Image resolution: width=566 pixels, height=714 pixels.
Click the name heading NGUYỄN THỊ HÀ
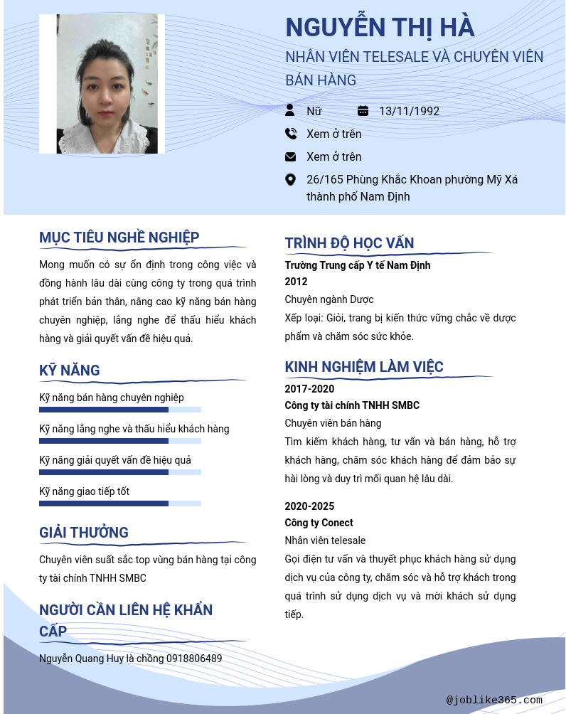point(379,28)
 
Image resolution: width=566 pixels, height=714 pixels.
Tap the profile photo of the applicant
point(102,84)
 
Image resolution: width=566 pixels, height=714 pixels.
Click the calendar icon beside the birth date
point(363,110)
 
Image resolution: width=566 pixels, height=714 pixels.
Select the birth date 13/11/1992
point(409,111)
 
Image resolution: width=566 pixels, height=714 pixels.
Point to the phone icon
point(290,134)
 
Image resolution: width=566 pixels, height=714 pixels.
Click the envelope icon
point(290,156)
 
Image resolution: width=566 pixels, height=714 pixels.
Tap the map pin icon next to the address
point(290,179)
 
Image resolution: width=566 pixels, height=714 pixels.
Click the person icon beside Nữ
point(290,110)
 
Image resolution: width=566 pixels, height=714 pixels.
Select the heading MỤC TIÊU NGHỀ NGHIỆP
point(119,238)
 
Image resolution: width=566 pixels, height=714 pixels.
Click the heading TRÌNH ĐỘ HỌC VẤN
point(349,243)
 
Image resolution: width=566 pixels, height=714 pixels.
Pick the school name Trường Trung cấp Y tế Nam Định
point(358,265)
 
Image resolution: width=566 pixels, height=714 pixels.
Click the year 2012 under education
point(296,282)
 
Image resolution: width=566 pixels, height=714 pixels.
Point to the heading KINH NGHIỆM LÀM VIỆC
point(364,367)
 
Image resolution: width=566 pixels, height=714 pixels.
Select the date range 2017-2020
point(309,389)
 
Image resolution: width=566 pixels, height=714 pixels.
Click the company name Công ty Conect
point(319,523)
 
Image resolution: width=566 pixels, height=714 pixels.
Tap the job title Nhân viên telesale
point(325,540)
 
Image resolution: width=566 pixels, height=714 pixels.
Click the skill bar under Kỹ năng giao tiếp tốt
point(119,503)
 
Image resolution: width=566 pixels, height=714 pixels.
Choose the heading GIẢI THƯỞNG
point(84,533)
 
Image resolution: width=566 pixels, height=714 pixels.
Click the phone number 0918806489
point(194,659)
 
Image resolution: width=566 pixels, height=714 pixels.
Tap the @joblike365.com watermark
point(494,700)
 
